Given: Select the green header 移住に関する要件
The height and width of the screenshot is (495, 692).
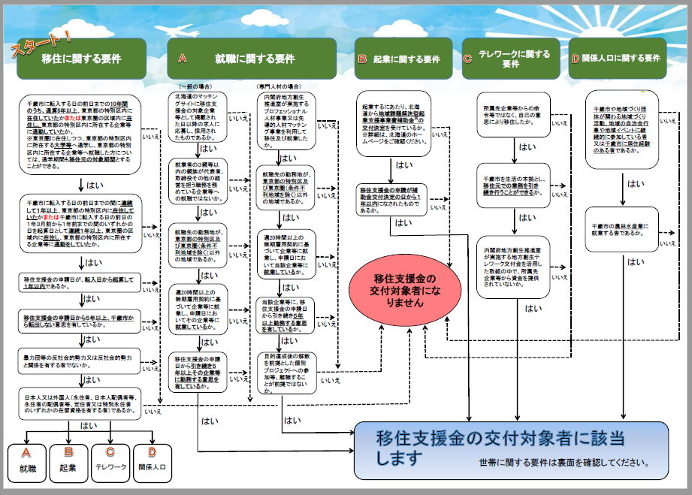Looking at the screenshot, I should pyautogui.click(x=83, y=59).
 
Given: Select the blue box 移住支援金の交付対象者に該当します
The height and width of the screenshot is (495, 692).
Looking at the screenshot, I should pyautogui.click(x=511, y=449).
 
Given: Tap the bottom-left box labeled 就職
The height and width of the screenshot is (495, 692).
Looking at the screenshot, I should pyautogui.click(x=27, y=462).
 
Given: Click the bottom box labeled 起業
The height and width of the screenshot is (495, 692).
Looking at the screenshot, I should pyautogui.click(x=69, y=462).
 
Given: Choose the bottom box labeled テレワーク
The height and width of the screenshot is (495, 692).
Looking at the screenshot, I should pyautogui.click(x=110, y=462).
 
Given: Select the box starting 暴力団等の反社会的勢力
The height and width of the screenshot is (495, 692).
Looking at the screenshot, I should pyautogui.click(x=80, y=361).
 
